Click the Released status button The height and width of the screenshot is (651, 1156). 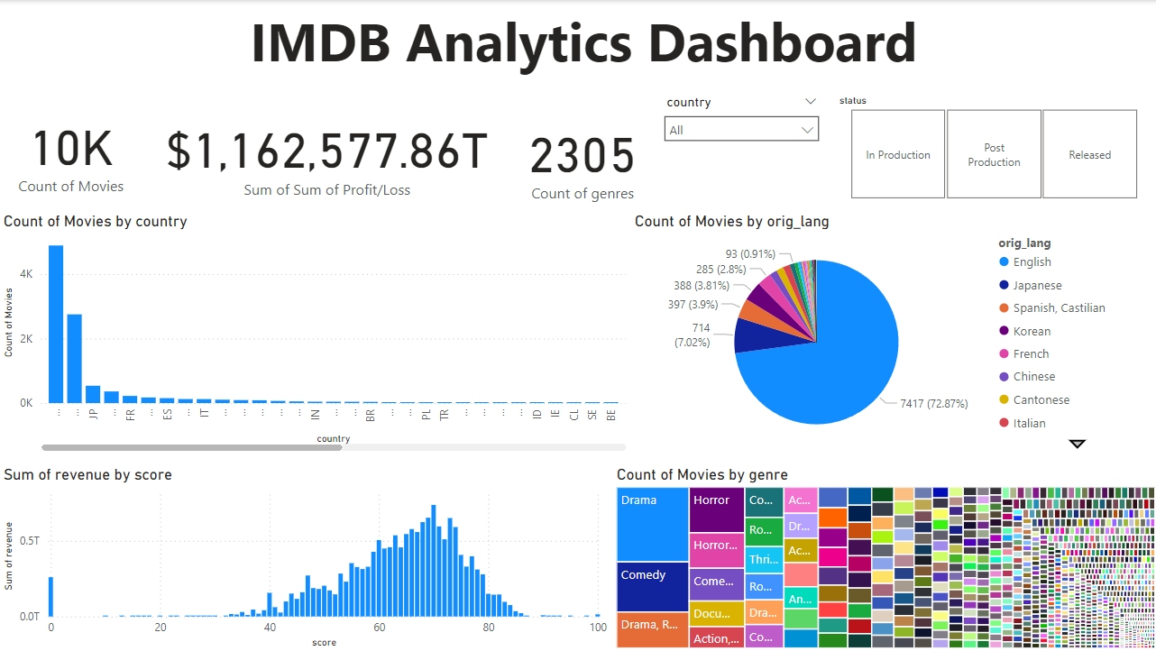[x=1089, y=154]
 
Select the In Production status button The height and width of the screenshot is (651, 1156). [x=897, y=154]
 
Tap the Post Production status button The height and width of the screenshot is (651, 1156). [x=994, y=154]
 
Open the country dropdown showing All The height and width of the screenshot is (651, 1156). [x=740, y=130]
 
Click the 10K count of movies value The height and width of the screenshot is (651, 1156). [x=72, y=150]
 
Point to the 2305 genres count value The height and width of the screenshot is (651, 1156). [x=583, y=157]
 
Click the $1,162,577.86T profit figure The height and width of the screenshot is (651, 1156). [x=326, y=151]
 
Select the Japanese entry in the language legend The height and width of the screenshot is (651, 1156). [x=1036, y=285]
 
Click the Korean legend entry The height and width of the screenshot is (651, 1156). [x=1032, y=331]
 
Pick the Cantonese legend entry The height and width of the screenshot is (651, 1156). [x=1041, y=399]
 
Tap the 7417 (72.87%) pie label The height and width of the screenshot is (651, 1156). [x=933, y=403]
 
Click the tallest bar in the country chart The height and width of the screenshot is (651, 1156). [x=56, y=324]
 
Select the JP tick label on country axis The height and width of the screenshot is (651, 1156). [x=93, y=415]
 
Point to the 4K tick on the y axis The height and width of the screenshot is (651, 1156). [x=26, y=274]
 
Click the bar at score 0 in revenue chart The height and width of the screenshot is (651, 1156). [x=50, y=596]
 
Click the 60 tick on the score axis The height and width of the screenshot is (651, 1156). [x=379, y=628]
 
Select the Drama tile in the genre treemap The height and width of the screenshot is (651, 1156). [x=652, y=523]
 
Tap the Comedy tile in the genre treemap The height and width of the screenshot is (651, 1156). [x=652, y=586]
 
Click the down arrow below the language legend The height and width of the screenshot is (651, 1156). [x=1077, y=444]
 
